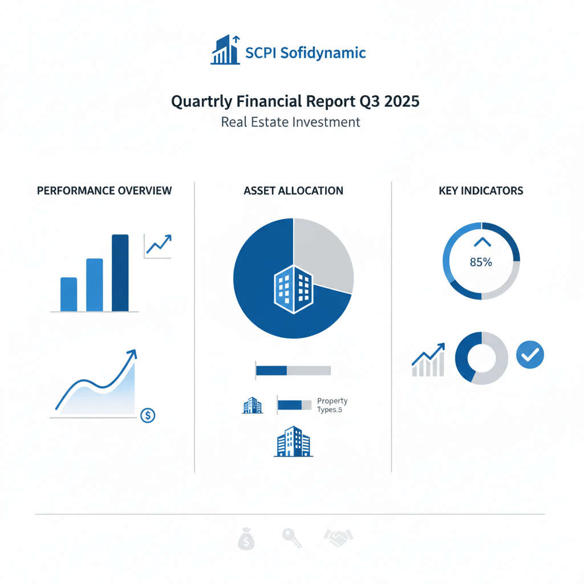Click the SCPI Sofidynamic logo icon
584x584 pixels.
point(225,50)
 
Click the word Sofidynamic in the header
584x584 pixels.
point(323,53)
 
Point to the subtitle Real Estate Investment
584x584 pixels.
point(290,122)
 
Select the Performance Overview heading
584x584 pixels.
point(104,190)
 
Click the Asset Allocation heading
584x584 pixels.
point(294,190)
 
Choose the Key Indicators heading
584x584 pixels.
point(481,190)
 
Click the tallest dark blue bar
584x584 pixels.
point(120,273)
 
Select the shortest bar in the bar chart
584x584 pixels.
point(69,294)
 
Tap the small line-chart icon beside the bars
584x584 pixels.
point(158,246)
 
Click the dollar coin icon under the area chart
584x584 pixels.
point(148,415)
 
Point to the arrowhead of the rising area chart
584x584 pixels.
point(133,353)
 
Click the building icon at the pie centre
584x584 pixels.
point(294,290)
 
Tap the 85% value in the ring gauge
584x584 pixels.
point(481,262)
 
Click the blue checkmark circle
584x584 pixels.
point(530,355)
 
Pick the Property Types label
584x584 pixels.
point(332,405)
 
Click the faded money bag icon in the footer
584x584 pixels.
point(246,539)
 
